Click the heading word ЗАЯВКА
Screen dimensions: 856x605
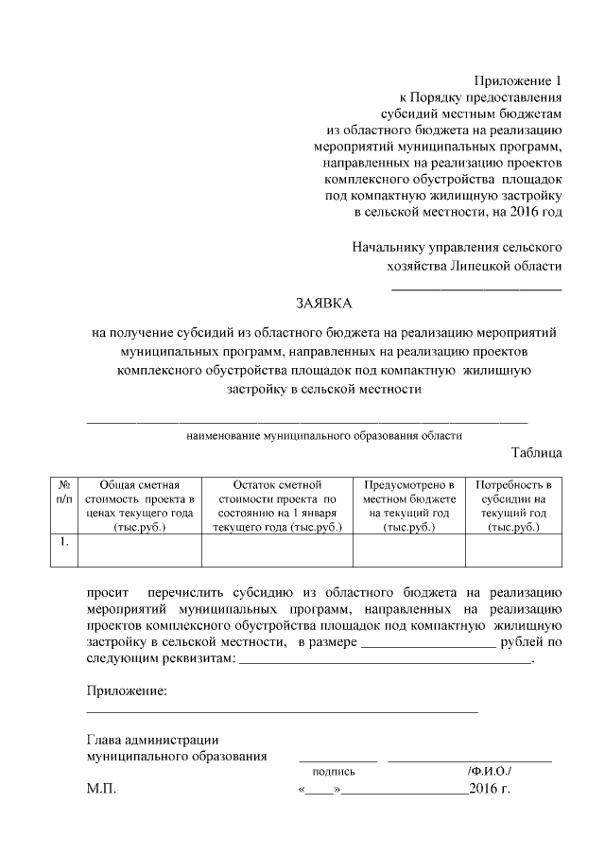323,304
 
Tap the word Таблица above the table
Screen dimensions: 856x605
536,452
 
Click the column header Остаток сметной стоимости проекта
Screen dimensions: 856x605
277,505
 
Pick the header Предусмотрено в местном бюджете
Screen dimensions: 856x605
409,505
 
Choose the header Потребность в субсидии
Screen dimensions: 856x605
513,505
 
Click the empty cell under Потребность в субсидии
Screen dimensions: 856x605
513,550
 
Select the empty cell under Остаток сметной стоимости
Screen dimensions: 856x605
277,550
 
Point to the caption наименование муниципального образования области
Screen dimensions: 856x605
323,436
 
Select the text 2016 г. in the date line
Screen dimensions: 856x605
489,789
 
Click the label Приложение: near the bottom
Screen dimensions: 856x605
127,691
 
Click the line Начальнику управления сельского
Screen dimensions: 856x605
457,248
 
